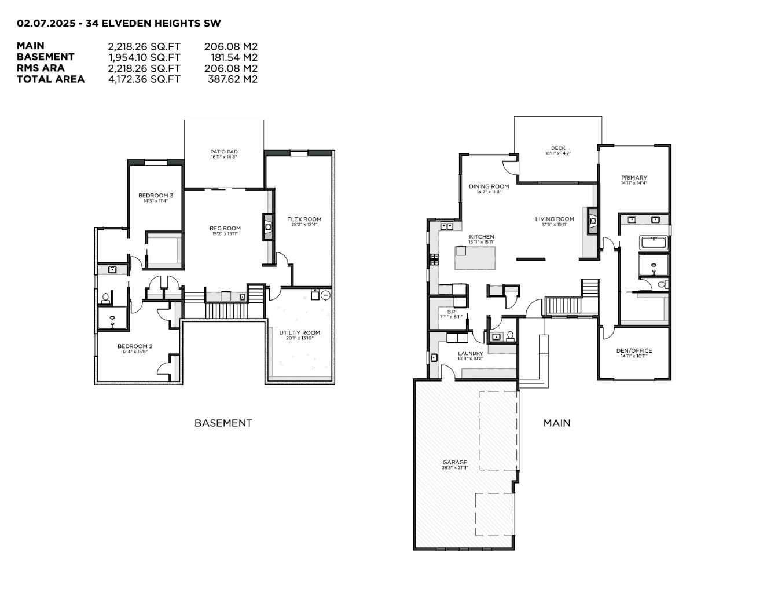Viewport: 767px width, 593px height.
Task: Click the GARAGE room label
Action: (x=455, y=463)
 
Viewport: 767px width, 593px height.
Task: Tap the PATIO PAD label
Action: (x=224, y=152)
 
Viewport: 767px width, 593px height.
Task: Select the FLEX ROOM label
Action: (x=304, y=219)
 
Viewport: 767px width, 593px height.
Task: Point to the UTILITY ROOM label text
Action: (x=299, y=333)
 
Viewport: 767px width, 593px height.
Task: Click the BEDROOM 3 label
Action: (x=156, y=196)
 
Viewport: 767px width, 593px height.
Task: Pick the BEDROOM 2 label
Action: (x=135, y=346)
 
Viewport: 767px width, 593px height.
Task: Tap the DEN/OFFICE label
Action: (x=634, y=351)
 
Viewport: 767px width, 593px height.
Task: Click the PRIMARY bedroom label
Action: (x=634, y=178)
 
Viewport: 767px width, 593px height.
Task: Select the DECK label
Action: (x=558, y=148)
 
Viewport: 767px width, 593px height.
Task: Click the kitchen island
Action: (x=475, y=258)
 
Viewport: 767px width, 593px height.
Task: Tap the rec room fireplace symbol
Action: (x=268, y=227)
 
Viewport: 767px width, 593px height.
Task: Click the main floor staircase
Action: (x=563, y=305)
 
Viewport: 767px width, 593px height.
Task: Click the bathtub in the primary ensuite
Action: (x=654, y=243)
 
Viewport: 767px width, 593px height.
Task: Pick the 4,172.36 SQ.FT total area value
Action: (x=144, y=79)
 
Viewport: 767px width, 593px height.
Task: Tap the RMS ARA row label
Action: (x=41, y=68)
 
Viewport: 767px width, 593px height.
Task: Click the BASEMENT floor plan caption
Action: (x=223, y=423)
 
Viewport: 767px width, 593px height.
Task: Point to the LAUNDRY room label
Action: (x=470, y=354)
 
